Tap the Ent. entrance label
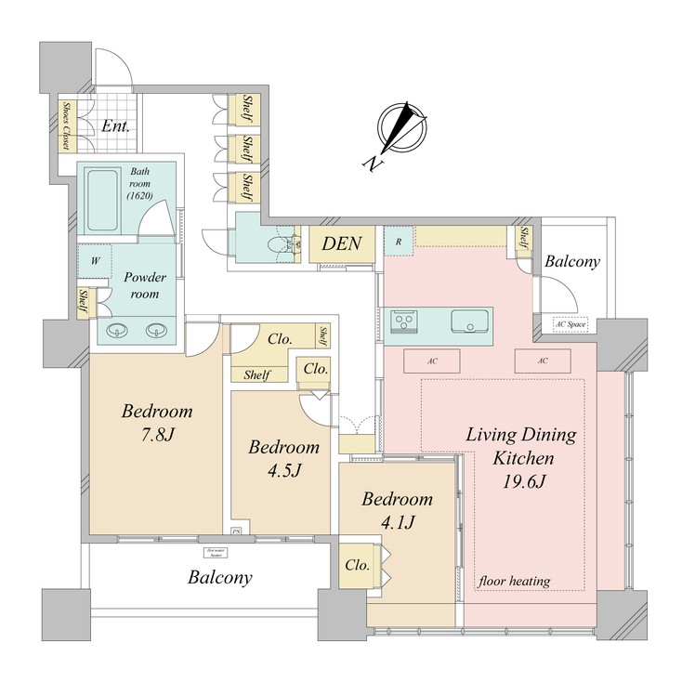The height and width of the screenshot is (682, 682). coord(115,126)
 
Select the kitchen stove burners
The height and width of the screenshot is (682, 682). coord(404,321)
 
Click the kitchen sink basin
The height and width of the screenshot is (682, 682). coord(469,322)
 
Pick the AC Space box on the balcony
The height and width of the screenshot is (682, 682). coord(567,325)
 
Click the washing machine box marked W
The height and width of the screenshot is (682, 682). coord(95,262)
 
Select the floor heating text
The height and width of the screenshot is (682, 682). coord(514,582)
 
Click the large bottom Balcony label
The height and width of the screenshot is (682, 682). coord(220,577)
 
